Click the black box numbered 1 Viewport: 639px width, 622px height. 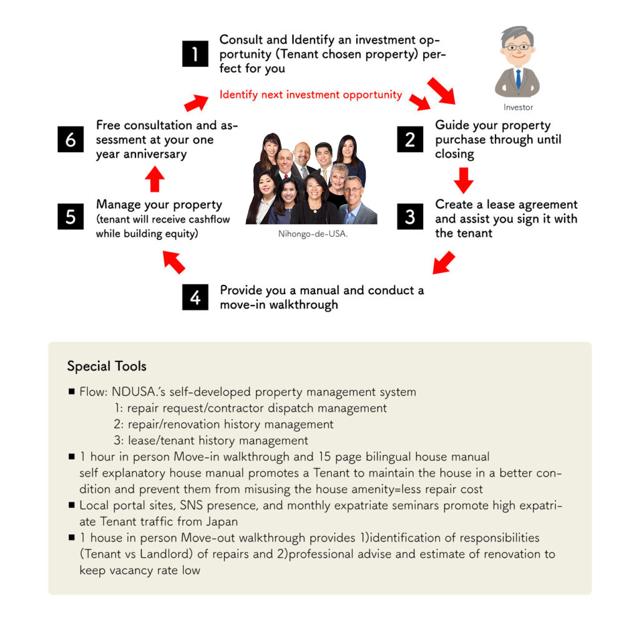(x=195, y=54)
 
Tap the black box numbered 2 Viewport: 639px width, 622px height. (x=409, y=138)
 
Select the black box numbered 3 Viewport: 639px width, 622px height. (x=409, y=216)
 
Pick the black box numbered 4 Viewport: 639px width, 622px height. (x=195, y=297)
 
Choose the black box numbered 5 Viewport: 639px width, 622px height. (x=70, y=216)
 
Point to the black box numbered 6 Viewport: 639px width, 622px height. (x=70, y=139)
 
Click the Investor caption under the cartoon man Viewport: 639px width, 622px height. (x=518, y=107)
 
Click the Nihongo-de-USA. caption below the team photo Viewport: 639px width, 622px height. (x=313, y=234)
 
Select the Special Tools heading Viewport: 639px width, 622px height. (x=107, y=366)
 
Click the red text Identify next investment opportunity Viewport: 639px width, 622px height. (x=311, y=95)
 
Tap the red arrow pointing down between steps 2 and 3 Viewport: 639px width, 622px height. (x=463, y=179)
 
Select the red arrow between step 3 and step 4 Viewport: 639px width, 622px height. (x=444, y=262)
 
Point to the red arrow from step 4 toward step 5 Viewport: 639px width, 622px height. (x=174, y=262)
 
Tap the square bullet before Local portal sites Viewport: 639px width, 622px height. (x=72, y=504)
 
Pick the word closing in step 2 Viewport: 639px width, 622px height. (x=454, y=154)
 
